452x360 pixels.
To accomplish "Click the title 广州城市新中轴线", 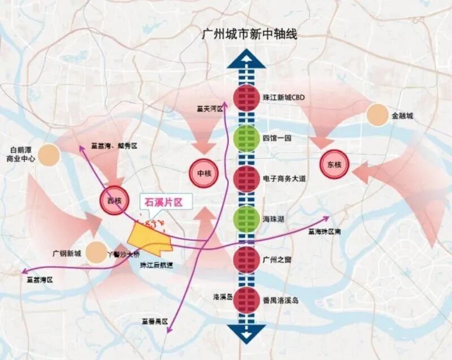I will (x=249, y=34).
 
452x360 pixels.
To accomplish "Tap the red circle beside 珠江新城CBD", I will (x=246, y=98).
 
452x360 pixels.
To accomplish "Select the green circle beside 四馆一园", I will (x=246, y=138).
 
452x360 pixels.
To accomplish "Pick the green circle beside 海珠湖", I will (x=246, y=219).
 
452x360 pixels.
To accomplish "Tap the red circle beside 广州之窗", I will (x=246, y=259).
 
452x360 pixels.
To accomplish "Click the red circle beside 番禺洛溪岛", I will (x=246, y=300).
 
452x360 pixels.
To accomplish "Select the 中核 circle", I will (x=203, y=174).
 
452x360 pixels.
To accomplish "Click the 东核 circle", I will (x=334, y=164).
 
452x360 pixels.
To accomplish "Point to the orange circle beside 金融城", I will (x=377, y=115).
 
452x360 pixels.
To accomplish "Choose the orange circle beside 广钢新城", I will (x=96, y=253).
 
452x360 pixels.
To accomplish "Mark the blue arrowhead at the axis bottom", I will (x=246, y=333).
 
